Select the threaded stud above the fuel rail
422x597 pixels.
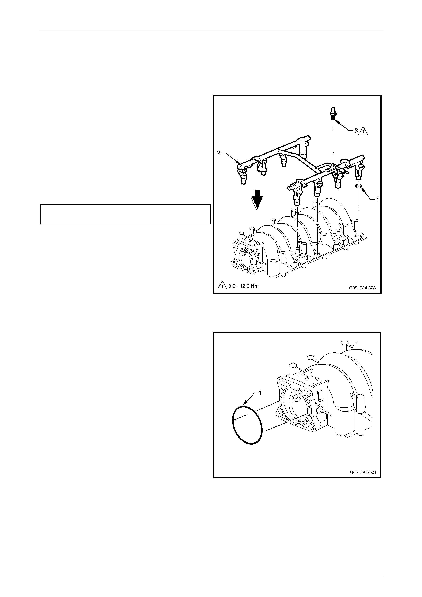tap(333, 113)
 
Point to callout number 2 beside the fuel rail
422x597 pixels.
tap(218, 153)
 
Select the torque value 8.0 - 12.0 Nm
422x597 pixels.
tap(243, 286)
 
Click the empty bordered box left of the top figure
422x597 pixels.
tap(125, 214)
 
